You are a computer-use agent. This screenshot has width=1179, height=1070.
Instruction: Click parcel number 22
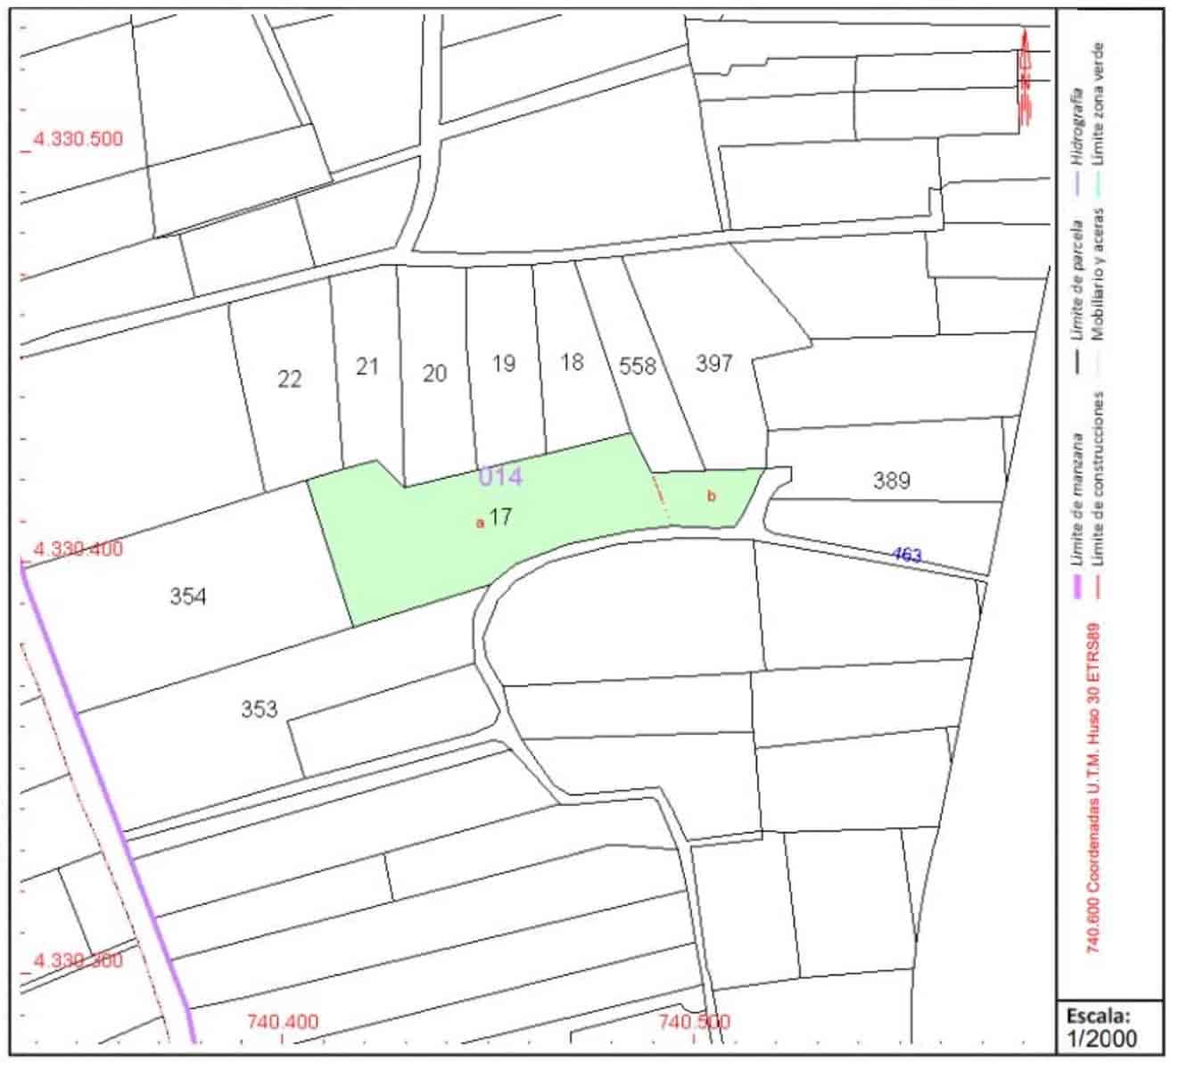(289, 380)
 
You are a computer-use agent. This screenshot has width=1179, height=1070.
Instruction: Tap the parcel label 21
(367, 366)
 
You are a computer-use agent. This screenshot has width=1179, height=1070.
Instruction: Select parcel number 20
(434, 373)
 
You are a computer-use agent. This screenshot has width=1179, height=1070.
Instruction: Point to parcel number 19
(504, 364)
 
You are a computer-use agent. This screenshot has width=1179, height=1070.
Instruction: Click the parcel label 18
(572, 362)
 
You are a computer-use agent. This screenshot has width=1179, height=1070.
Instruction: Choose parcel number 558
(638, 366)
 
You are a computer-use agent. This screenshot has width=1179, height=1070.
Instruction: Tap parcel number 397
(714, 363)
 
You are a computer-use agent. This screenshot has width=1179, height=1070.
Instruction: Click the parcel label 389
(892, 481)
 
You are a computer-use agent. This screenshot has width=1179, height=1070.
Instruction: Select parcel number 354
(188, 597)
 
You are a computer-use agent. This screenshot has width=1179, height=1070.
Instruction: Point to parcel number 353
(259, 710)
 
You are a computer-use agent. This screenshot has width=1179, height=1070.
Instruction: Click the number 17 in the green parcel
(500, 517)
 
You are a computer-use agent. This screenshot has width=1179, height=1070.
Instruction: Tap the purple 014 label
(500, 477)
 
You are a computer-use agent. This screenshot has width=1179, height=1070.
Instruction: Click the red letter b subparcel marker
(711, 497)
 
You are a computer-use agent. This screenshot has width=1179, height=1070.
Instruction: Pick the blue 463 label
(907, 556)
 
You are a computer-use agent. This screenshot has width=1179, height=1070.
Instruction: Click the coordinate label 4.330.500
(78, 139)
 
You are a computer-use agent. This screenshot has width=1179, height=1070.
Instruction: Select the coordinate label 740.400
(283, 1022)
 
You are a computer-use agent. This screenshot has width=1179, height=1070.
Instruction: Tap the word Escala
(1098, 1015)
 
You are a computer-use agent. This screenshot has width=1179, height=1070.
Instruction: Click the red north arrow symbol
(1025, 80)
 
